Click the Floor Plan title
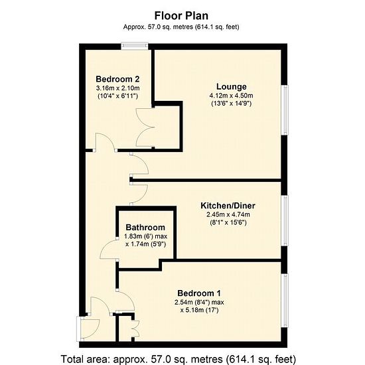click(181, 16)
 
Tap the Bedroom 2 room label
click(117, 79)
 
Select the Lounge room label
click(232, 86)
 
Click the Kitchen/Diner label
click(228, 206)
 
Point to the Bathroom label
click(145, 227)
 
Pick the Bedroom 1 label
click(199, 293)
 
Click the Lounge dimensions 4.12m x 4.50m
click(231, 96)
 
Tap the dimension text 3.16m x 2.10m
click(117, 88)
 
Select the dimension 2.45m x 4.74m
click(228, 214)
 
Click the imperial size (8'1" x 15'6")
click(228, 222)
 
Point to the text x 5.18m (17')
click(199, 310)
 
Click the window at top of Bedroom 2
click(135, 46)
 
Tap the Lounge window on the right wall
click(285, 110)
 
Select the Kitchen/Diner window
click(285, 220)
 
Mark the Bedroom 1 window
click(285, 301)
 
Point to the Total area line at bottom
click(179, 359)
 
